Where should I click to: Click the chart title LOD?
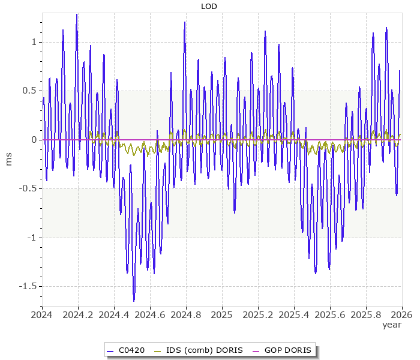pos(209,7)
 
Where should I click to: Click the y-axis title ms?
pos(8,159)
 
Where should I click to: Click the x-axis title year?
pos(392,325)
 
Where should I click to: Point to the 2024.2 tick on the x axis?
pos(78,314)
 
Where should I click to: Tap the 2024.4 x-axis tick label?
pos(114,314)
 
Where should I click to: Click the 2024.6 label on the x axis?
pos(150,314)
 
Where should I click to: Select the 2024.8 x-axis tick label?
pos(186,314)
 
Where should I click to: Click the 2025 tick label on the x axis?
pos(222,314)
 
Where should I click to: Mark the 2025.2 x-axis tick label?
pos(258,314)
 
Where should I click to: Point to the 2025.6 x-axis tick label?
pos(330,314)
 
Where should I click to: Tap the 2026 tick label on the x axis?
pos(402,314)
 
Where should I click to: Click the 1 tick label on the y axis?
pos(34,42)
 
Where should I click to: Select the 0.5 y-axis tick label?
pos(28,91)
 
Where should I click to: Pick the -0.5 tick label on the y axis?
pos(27,188)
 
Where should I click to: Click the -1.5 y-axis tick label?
pos(27,286)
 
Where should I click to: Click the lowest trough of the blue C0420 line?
pos(134,301)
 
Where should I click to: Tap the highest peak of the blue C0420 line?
pos(77,14)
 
